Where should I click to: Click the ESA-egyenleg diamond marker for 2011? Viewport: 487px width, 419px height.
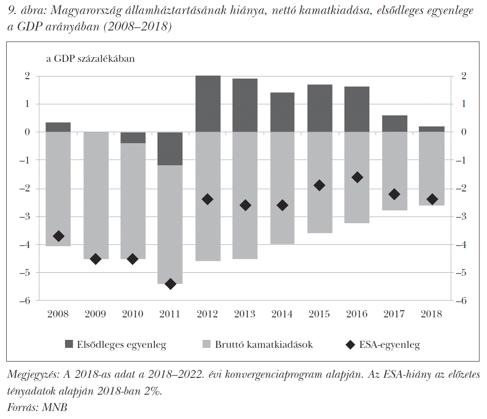(x=170, y=284)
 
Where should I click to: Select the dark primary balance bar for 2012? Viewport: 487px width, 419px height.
(x=208, y=104)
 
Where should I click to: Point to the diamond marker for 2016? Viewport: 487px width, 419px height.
(x=357, y=177)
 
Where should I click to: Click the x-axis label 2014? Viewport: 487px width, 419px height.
(x=282, y=314)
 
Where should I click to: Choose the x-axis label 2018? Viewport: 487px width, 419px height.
(x=431, y=314)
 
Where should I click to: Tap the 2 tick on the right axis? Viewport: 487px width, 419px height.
(x=463, y=76)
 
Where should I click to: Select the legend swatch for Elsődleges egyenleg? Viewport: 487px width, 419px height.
(x=69, y=344)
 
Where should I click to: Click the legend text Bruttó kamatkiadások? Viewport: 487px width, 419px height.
(x=264, y=345)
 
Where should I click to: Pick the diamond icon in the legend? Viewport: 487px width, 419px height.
(x=351, y=345)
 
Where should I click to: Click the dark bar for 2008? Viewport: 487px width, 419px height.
(x=58, y=127)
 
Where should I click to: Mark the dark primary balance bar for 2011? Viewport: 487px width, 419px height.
(x=170, y=149)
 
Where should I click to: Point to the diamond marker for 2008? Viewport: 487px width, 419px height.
(x=58, y=236)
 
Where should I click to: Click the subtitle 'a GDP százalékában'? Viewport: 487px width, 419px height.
(x=90, y=59)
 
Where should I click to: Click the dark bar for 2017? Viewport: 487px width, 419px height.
(x=395, y=124)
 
